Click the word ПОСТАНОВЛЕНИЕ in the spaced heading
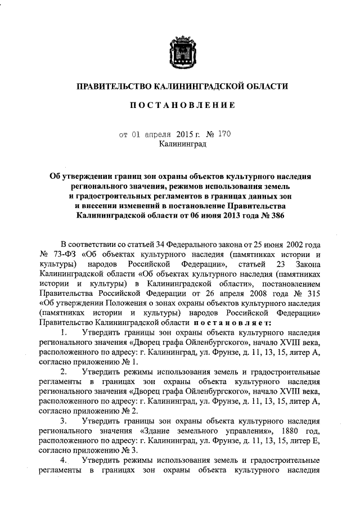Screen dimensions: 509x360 click(x=181, y=105)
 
